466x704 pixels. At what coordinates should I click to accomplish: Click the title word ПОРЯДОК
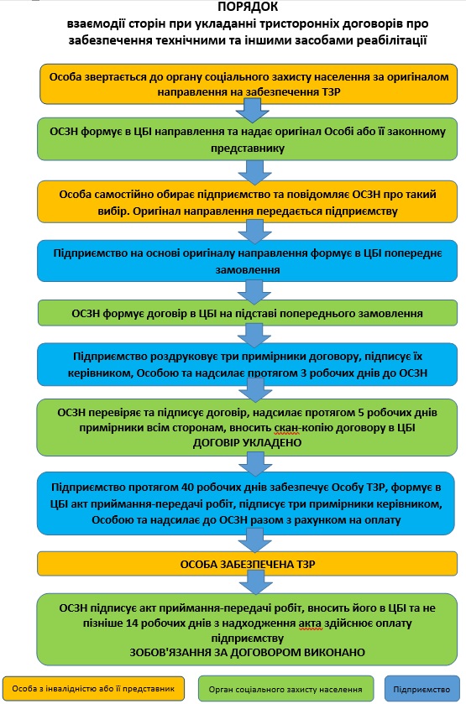(248, 7)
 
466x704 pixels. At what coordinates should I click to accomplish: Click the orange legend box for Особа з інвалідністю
(93, 688)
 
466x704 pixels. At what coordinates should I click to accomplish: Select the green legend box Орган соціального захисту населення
(285, 689)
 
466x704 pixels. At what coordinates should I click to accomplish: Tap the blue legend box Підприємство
(422, 689)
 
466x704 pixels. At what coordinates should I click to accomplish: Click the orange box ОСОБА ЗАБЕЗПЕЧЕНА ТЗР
(247, 564)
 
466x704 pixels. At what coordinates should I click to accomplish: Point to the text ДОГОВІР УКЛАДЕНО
(247, 443)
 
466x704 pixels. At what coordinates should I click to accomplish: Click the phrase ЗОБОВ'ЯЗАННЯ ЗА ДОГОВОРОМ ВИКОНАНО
(247, 652)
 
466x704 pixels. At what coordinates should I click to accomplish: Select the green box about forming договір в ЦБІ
(247, 313)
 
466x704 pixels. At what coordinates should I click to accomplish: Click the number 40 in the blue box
(188, 488)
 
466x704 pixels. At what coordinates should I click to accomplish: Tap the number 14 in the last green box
(133, 623)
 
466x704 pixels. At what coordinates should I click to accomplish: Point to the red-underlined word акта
(310, 623)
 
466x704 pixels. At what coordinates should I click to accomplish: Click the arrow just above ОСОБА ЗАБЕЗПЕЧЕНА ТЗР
(254, 540)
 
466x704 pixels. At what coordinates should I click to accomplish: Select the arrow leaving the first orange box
(252, 111)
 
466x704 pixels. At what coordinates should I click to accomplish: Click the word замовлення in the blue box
(248, 270)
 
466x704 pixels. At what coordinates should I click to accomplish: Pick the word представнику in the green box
(248, 149)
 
